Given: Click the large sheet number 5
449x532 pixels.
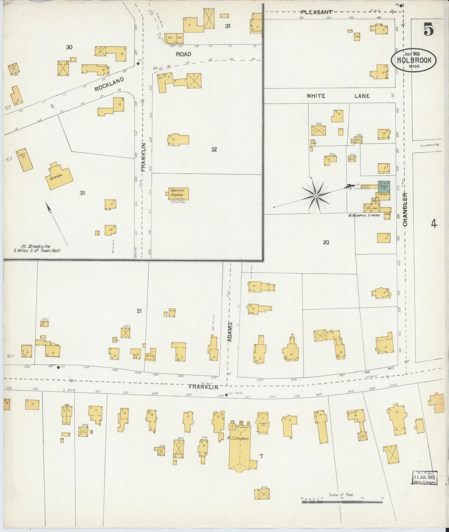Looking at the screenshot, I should (428, 30).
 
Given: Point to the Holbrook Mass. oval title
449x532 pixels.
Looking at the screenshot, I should (413, 61).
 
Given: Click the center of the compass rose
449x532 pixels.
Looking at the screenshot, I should (316, 196).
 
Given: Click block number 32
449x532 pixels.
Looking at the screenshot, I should (214, 150).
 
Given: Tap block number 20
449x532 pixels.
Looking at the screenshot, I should (326, 242).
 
